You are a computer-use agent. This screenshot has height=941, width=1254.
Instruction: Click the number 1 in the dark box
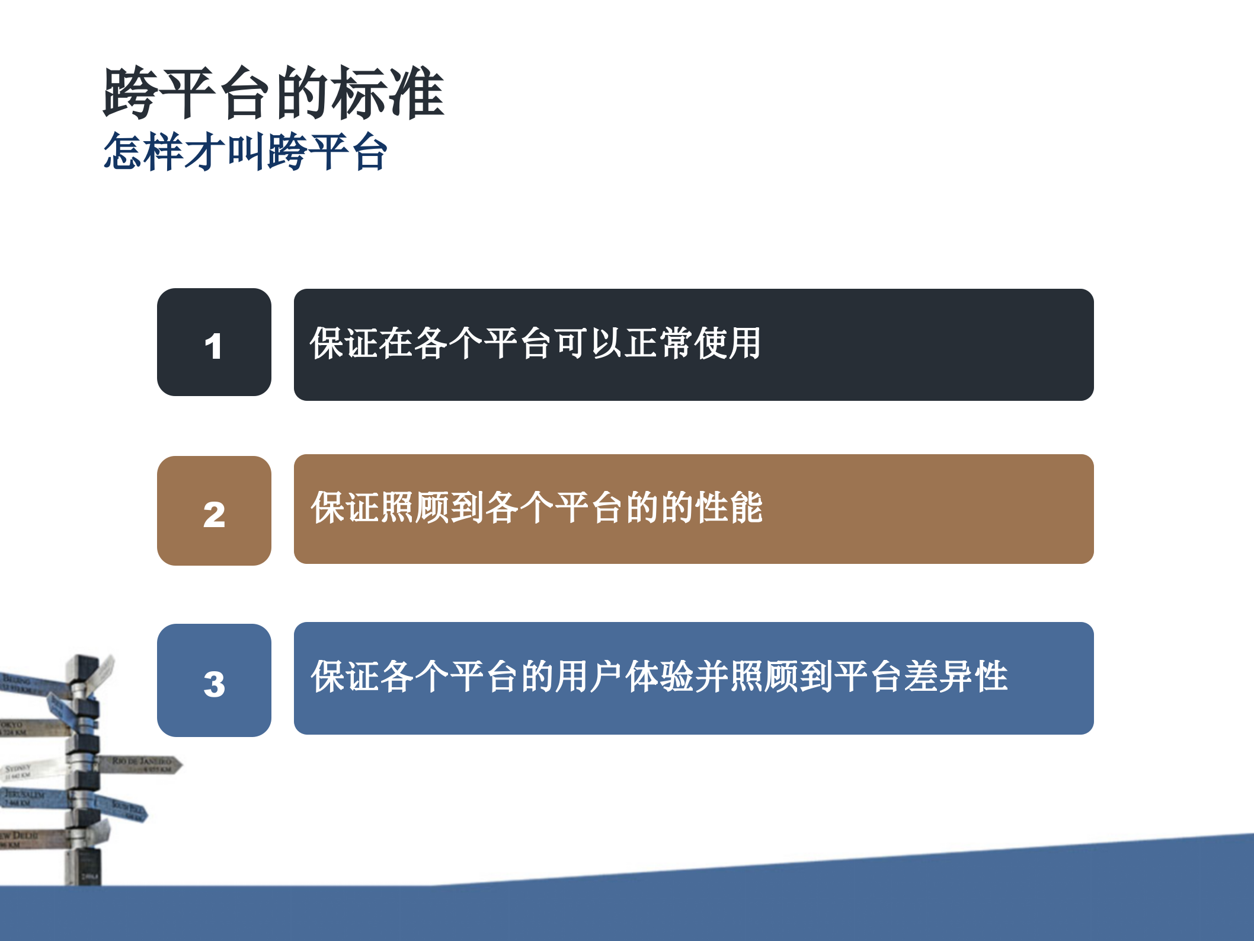(x=213, y=346)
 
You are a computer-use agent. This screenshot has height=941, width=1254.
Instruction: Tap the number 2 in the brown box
(x=214, y=514)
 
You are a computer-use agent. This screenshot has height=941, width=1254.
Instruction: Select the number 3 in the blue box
(x=214, y=684)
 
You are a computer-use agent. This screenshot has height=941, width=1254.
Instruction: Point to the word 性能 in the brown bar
(x=729, y=508)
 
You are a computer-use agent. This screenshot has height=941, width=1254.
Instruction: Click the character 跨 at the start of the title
(x=130, y=93)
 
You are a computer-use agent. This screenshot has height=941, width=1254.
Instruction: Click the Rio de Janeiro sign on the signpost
(x=142, y=764)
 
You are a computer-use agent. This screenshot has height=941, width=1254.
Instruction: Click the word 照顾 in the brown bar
(x=415, y=508)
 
